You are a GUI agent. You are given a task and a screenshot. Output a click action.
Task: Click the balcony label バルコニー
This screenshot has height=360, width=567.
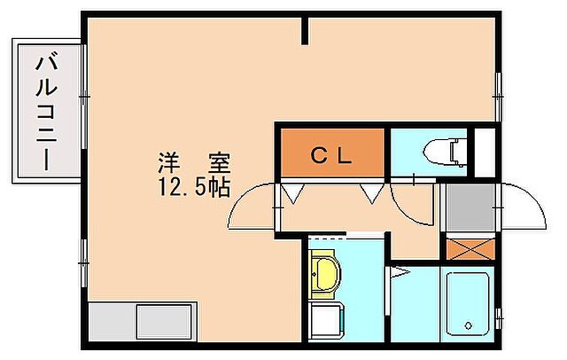point(44,112)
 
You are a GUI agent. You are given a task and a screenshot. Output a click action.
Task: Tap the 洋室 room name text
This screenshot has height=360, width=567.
point(194,164)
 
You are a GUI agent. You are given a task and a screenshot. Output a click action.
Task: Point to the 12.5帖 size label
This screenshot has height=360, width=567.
point(194,187)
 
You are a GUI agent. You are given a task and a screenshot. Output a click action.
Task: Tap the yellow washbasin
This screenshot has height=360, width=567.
point(324,274)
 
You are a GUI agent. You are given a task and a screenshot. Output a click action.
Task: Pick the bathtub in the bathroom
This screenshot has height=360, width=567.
point(470,304)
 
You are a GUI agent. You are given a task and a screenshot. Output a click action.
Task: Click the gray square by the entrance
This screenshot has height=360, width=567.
point(469,207)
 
